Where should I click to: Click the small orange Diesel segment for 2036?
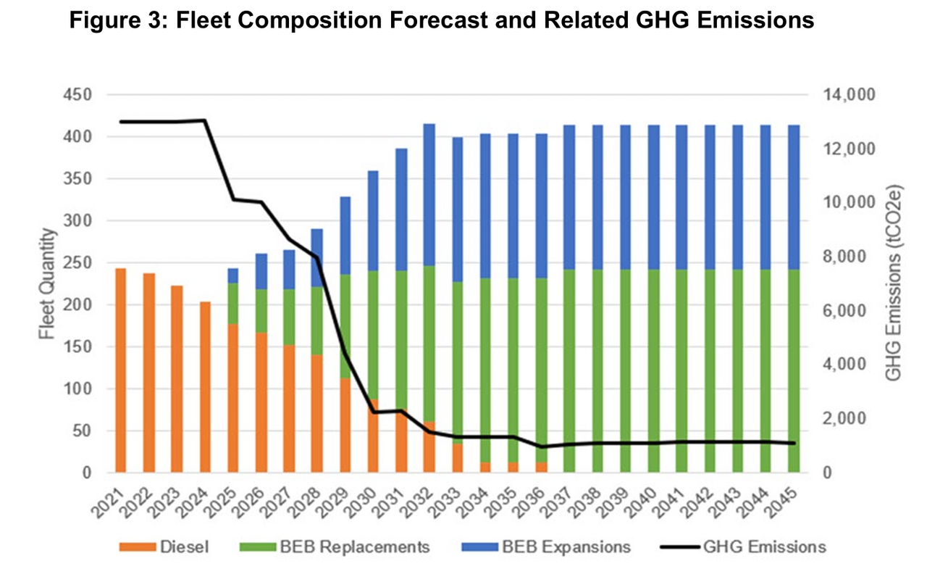pyautogui.click(x=540, y=468)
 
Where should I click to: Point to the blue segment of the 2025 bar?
pyautogui.click(x=232, y=275)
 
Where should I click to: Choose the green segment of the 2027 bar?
pyautogui.click(x=289, y=317)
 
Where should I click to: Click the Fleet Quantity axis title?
pyautogui.click(x=48, y=283)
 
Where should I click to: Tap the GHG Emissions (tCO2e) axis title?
pyautogui.click(x=894, y=283)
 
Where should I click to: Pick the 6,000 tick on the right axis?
pyautogui.click(x=836, y=310)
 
